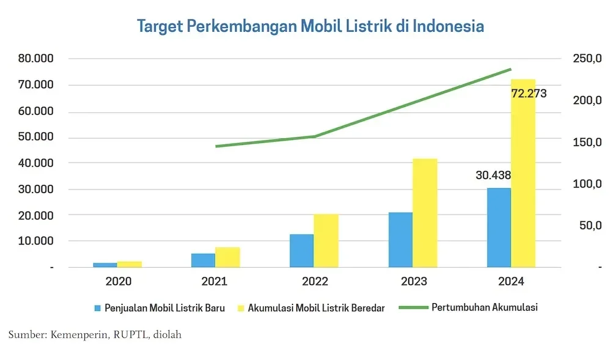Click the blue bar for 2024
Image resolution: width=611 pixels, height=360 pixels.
(x=499, y=227)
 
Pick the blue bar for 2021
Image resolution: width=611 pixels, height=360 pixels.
(x=203, y=260)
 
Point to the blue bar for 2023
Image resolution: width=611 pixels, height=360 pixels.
(x=400, y=240)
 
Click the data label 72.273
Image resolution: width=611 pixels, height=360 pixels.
(x=529, y=94)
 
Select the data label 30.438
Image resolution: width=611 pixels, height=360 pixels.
(x=493, y=175)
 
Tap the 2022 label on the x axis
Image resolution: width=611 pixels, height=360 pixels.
(x=314, y=282)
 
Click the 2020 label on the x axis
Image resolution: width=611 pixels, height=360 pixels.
(x=118, y=282)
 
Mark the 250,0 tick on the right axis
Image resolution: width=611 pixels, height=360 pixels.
(x=587, y=59)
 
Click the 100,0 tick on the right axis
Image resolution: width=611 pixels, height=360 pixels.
(x=587, y=184)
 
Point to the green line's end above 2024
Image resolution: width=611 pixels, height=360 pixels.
(x=511, y=69)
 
